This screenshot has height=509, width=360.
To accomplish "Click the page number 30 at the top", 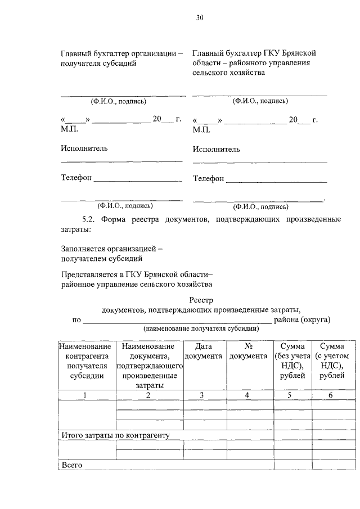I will coord(200,17).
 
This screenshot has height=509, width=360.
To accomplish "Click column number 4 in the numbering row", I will coord(248,395).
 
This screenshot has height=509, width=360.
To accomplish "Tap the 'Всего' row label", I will coord(71,465).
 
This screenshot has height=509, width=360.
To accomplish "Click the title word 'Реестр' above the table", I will coord(201,300).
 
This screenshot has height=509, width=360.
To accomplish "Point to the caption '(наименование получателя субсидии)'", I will coord(201,328).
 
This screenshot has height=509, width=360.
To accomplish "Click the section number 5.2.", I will coord(91,219).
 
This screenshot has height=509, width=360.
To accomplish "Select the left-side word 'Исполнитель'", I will coord(84,148).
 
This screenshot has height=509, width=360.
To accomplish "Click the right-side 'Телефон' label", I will coord(208,179).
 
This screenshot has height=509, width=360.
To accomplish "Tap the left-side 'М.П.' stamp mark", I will coord(70,129).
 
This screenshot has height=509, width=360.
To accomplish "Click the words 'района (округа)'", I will coord(301,320).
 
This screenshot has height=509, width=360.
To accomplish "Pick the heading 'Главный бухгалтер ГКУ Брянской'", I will coord(254,53).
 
